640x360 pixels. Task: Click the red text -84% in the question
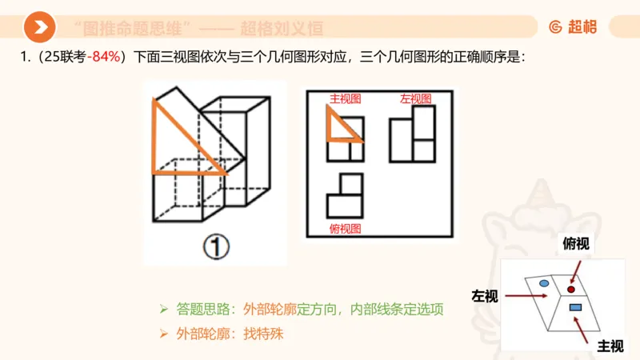[x=104, y=57]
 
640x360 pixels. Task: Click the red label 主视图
[x=346, y=98]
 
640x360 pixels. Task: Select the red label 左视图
[x=415, y=98]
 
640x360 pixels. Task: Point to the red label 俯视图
[x=346, y=229]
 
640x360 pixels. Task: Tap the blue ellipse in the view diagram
[x=544, y=283]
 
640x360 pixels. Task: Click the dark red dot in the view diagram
[x=571, y=288]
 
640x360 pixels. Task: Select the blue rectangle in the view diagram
[x=574, y=307]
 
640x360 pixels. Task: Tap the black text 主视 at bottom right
[x=610, y=346]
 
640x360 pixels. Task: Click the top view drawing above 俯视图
[x=345, y=197]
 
